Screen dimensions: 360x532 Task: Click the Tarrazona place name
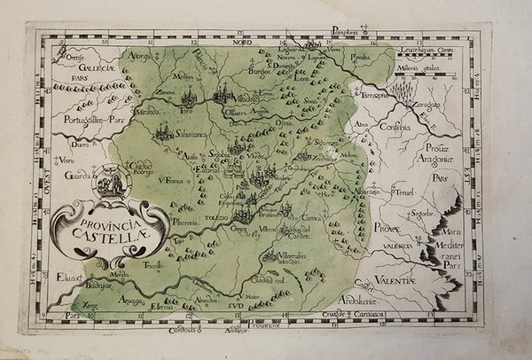(373, 92)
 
